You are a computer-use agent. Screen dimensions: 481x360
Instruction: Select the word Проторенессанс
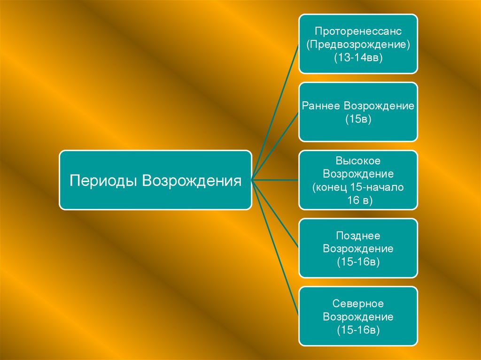[x=358, y=33]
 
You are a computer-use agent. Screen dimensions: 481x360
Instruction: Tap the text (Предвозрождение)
[x=358, y=46]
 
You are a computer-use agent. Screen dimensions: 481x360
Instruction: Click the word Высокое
[x=358, y=161]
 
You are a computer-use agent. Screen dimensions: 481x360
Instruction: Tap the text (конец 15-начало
[x=358, y=188]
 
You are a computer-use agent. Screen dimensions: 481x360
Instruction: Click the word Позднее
[x=358, y=235]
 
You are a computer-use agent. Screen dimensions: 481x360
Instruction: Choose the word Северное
[x=358, y=304]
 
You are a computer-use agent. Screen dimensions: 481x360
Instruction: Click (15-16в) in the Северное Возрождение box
[x=358, y=330]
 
